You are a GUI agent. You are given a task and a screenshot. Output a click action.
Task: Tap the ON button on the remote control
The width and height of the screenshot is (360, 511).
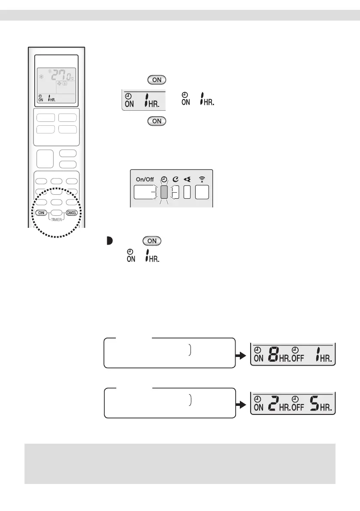(41, 212)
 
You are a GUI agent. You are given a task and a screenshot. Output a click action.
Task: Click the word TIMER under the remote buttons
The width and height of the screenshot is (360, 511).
(56, 218)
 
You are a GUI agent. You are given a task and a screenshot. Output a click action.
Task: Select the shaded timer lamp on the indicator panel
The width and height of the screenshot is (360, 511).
(163, 193)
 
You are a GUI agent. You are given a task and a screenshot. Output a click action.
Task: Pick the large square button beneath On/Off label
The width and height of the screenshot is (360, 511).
(145, 193)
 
